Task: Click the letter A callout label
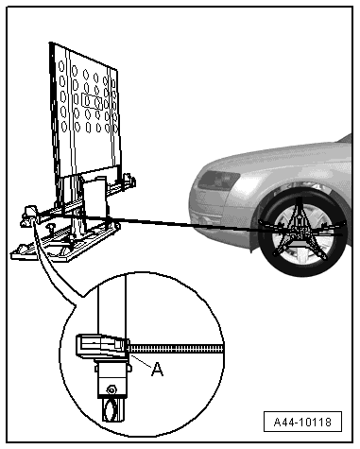pyautogui.click(x=157, y=369)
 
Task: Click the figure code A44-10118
pyautogui.click(x=302, y=422)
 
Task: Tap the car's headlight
pyautogui.click(x=218, y=180)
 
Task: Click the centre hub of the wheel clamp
pyautogui.click(x=298, y=230)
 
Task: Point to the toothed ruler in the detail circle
pyautogui.click(x=177, y=349)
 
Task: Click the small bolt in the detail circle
pyautogui.click(x=111, y=390)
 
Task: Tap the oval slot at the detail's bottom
pyautogui.click(x=111, y=409)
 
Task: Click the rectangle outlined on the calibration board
pyautogui.click(x=92, y=101)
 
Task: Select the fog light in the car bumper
pyautogui.click(x=204, y=220)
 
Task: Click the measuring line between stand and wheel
pyautogui.click(x=189, y=224)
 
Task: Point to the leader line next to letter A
pyautogui.click(x=141, y=361)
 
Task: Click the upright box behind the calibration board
pyautogui.click(x=95, y=198)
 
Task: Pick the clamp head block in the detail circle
pyautogui.click(x=102, y=347)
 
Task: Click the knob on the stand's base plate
pyautogui.click(x=49, y=227)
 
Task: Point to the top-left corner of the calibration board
pyautogui.click(x=50, y=43)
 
